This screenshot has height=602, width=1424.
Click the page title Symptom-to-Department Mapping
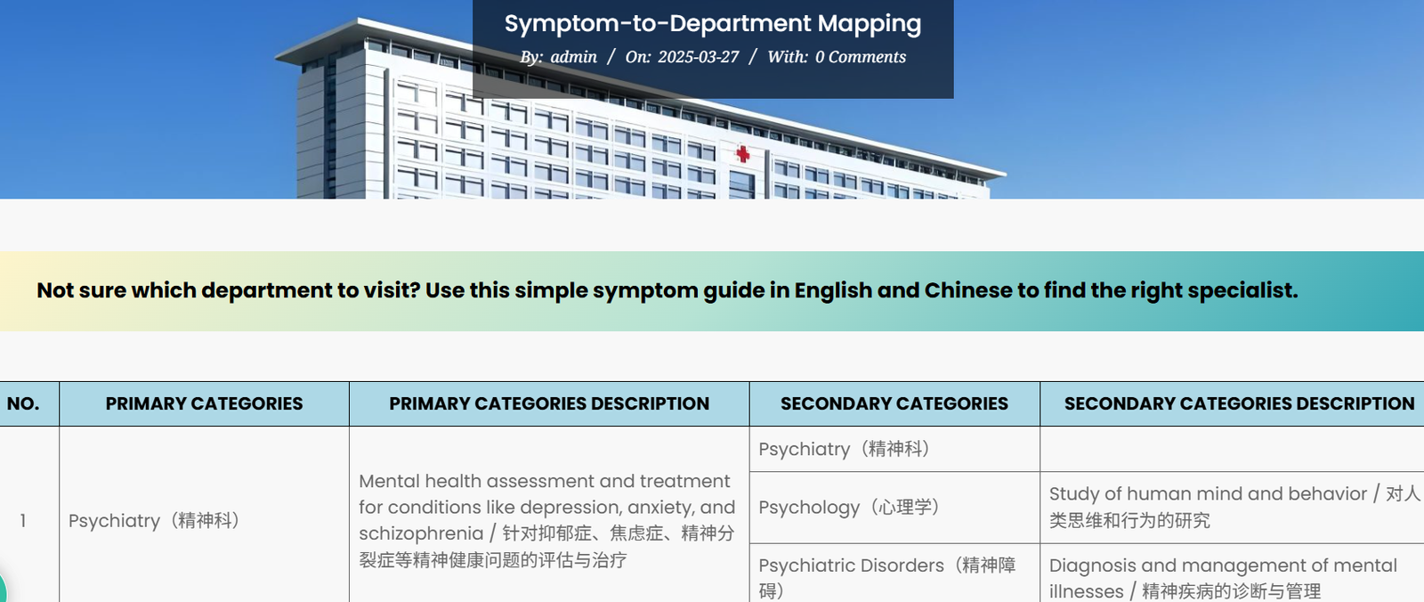click(x=712, y=23)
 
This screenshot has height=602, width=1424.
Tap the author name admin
click(x=573, y=57)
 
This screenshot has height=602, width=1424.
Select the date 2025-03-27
click(x=698, y=57)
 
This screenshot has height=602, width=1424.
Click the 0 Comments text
click(x=860, y=57)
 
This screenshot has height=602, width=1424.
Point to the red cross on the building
click(x=742, y=154)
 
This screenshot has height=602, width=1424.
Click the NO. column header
click(x=23, y=403)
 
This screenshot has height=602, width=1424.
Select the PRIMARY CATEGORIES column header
click(x=204, y=403)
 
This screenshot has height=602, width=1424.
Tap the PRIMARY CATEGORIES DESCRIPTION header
click(x=549, y=403)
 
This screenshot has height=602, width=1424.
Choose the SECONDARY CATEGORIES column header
click(x=894, y=403)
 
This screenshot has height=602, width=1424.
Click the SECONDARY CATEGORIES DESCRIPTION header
click(x=1239, y=403)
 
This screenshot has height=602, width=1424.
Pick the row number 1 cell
click(x=23, y=520)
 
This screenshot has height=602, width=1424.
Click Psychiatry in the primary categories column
click(x=154, y=520)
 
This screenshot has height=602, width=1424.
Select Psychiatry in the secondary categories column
click(x=844, y=449)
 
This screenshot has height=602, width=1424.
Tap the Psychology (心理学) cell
click(x=849, y=507)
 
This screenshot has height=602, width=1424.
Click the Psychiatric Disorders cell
click(x=886, y=577)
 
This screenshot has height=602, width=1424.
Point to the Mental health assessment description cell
click(x=546, y=520)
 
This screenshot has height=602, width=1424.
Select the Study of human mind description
click(x=1234, y=506)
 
